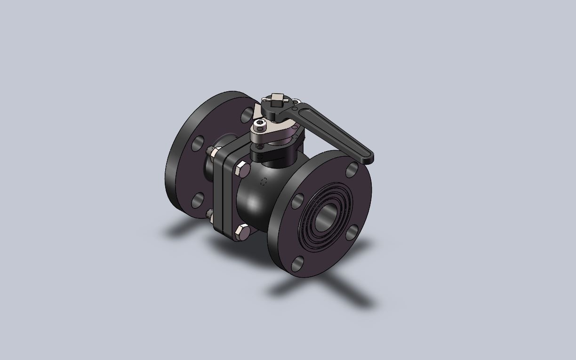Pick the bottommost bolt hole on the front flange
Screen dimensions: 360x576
pyautogui.click(x=297, y=264)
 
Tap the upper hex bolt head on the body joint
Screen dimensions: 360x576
pyautogui.click(x=241, y=168)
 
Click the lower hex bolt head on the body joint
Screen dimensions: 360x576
pyautogui.click(x=242, y=232)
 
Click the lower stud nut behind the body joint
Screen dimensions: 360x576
pyautogui.click(x=209, y=215)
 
